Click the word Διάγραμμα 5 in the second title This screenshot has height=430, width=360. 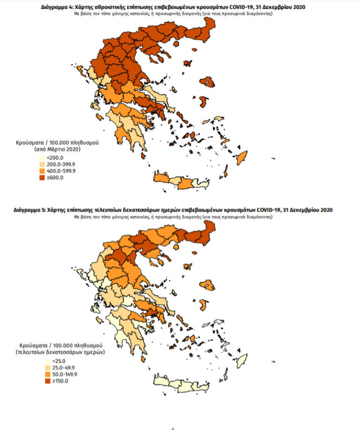pyautogui.click(x=32, y=210)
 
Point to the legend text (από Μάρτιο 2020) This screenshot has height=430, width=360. pyautogui.click(x=57, y=149)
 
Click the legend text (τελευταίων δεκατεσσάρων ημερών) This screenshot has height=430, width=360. pyautogui.click(x=57, y=352)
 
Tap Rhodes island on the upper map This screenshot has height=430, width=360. pyautogui.click(x=242, y=159)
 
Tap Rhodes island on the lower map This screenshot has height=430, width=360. pyautogui.click(x=242, y=362)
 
